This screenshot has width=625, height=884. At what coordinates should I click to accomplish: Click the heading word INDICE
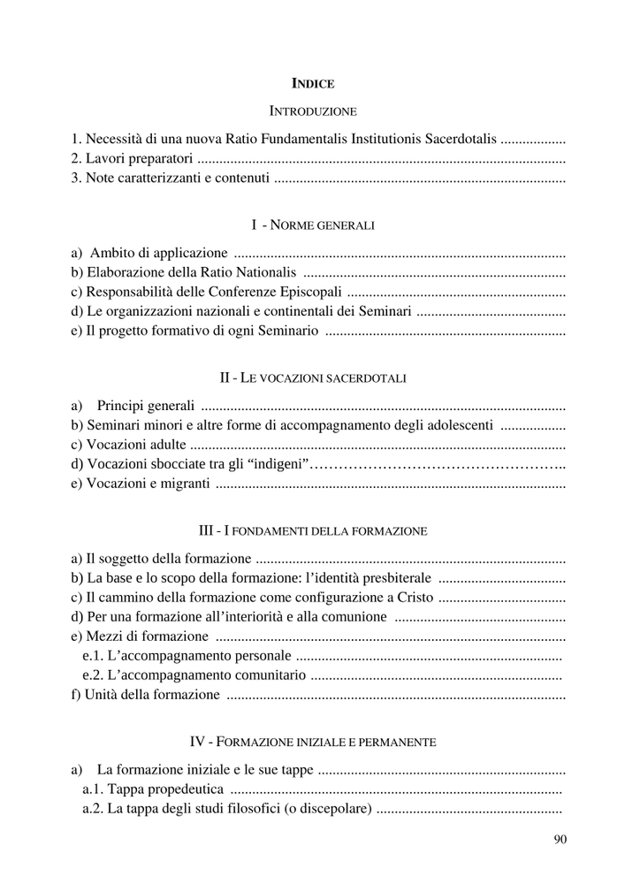coord(312,84)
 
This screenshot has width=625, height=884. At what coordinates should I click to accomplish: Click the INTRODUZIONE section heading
coord(312,111)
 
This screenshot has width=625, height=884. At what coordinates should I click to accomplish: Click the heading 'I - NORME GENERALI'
coord(312,225)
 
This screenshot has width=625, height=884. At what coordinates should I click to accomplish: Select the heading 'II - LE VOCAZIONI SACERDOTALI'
coord(312,377)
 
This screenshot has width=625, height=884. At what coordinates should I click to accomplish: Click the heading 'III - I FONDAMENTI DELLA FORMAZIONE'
coord(312,531)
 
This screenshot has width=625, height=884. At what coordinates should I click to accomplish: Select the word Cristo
coord(413,598)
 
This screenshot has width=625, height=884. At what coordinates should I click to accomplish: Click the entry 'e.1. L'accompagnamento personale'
coord(186,656)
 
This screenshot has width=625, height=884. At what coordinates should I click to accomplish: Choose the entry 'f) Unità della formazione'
coord(145,695)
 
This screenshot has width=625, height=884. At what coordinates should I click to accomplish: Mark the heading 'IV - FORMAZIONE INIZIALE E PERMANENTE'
coord(312,741)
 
